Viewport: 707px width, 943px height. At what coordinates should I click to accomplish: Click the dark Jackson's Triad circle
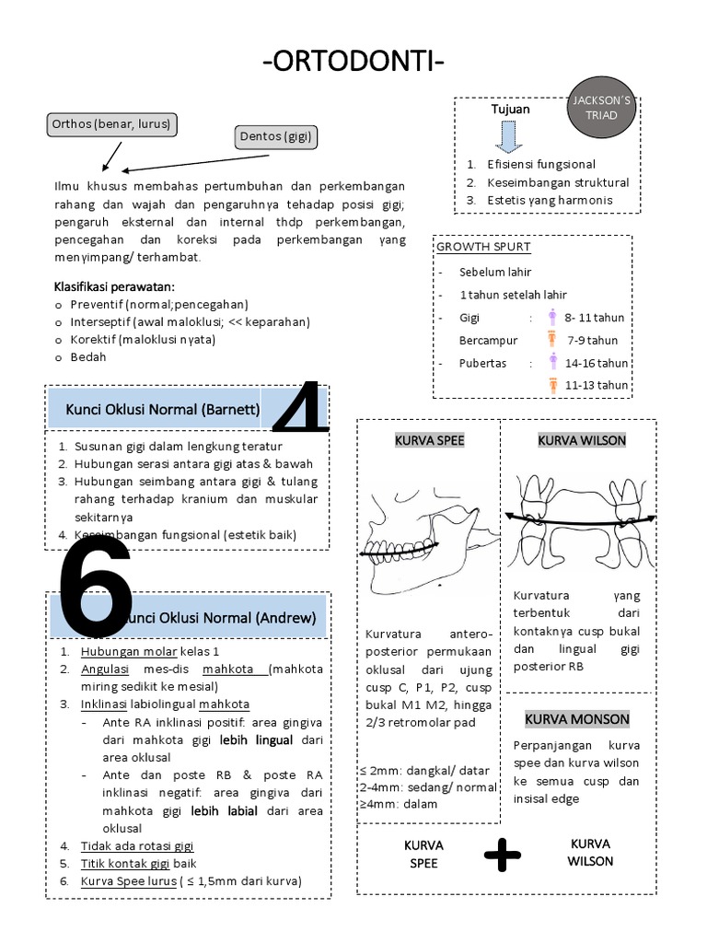point(603,108)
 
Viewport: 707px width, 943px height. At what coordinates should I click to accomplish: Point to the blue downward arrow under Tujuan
point(509,134)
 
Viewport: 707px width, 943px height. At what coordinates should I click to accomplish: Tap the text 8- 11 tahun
point(595,318)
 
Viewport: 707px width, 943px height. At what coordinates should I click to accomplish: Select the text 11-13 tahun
point(597,385)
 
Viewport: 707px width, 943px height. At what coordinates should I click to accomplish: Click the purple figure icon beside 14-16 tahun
point(552,362)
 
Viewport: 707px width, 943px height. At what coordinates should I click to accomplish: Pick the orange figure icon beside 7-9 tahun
point(552,340)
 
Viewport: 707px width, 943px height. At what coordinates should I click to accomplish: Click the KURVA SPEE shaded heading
point(429,441)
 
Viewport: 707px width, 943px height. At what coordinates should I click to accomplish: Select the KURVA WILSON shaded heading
point(582,441)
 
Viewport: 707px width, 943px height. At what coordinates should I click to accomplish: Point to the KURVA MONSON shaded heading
point(577,719)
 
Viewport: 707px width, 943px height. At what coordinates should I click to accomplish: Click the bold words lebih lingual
point(257,739)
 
